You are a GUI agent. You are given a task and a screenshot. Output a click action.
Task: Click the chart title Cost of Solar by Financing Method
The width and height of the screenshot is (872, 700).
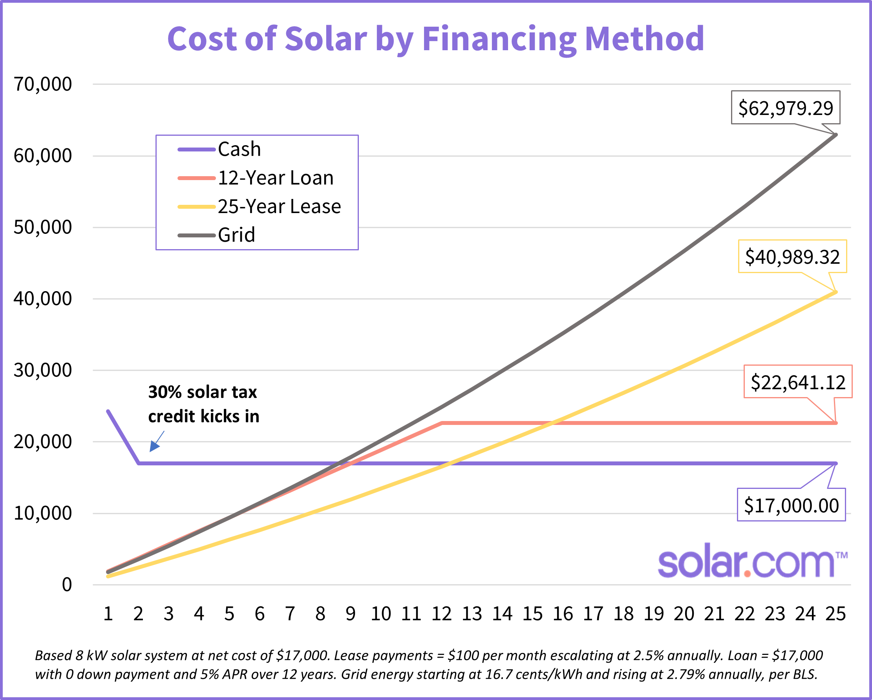[435, 39]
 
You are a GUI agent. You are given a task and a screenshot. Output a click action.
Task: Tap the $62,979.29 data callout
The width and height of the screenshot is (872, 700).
[786, 108]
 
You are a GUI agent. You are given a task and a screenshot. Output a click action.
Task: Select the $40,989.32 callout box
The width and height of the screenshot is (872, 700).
[792, 257]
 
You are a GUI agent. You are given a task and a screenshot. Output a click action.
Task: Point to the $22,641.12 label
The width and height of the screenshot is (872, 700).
[798, 382]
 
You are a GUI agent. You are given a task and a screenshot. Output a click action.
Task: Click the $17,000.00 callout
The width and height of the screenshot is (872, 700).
[791, 505]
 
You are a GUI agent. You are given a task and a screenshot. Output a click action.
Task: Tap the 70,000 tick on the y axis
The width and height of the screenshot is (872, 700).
[42, 84]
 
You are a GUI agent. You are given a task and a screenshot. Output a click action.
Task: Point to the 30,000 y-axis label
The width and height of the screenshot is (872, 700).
[42, 370]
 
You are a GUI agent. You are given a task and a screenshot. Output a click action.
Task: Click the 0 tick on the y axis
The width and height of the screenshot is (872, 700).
[67, 584]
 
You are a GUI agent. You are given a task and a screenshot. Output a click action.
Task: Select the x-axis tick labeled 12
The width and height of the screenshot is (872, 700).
[441, 614]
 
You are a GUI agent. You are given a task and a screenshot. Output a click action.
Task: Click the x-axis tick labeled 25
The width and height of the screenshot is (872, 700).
[835, 614]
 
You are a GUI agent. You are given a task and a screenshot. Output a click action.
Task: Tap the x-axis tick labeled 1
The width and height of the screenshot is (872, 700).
[108, 614]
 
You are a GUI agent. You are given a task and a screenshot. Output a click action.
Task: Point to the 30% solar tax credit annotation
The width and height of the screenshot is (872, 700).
[203, 404]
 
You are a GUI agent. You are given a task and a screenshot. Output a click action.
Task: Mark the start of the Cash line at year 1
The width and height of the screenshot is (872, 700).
[108, 411]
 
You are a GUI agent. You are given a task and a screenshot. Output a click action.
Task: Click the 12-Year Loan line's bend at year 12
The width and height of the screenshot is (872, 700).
[442, 423]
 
